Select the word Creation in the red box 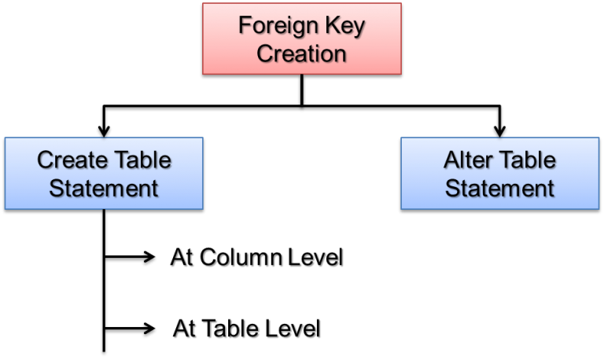302,54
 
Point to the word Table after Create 142,160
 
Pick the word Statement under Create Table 104,189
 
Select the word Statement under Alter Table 500,189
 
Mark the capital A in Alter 451,160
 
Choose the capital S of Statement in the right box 452,189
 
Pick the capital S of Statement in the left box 56,189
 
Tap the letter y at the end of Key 359,28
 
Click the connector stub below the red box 302,76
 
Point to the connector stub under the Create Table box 104,211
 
